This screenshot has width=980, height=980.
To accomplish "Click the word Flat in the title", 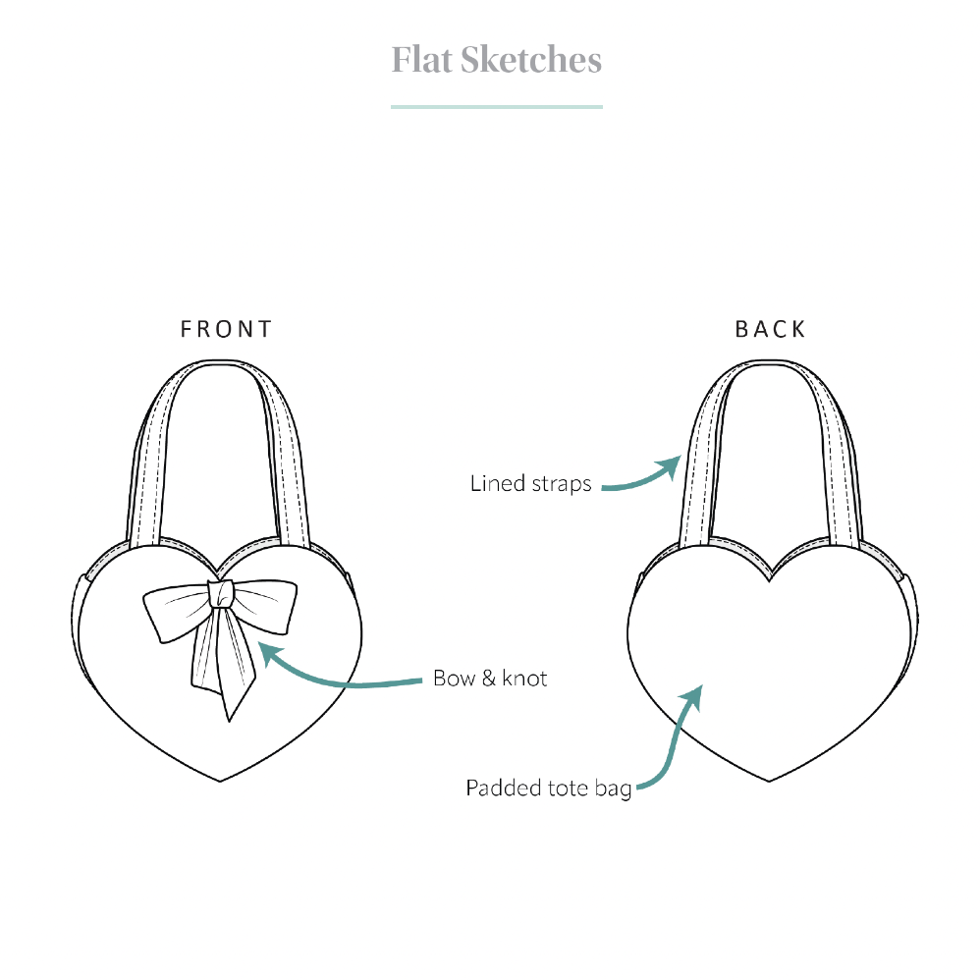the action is [422, 60].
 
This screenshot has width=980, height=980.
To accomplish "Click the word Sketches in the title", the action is [531, 60].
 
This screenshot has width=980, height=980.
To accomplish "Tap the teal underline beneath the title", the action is [497, 107].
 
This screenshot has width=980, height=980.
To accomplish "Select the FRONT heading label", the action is [226, 329].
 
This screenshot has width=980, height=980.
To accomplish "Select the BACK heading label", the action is [770, 329].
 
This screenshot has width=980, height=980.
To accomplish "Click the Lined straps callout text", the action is [530, 483].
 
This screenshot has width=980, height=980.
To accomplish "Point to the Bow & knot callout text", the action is [490, 679].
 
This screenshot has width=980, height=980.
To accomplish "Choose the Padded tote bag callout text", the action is [549, 789].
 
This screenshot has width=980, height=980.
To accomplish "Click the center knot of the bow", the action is [220, 594].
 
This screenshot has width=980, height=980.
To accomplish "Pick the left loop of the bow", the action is [176, 613].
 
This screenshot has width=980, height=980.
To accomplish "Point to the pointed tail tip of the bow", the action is [230, 721].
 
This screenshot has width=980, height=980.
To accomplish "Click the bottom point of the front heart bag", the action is [220, 781].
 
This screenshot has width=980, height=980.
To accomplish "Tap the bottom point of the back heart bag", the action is [769, 781].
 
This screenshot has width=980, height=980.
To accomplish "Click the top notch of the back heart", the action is [770, 580].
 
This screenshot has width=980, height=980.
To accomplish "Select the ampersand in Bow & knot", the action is [489, 679].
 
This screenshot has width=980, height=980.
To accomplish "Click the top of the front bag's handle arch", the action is [221, 362].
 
